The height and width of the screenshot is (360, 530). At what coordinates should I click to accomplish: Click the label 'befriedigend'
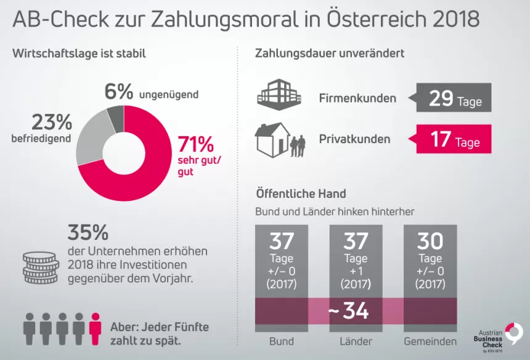tap(41, 138)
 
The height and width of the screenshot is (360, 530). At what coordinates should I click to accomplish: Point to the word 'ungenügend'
tap(168, 94)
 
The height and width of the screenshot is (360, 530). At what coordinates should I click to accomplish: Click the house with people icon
tap(280, 139)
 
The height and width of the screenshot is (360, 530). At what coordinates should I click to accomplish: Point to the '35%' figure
tap(88, 233)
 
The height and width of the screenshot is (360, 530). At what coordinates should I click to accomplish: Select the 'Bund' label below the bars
tap(282, 341)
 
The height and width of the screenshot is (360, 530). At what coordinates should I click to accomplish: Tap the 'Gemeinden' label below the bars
tap(430, 341)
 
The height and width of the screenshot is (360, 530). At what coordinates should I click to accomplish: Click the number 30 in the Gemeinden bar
tap(430, 240)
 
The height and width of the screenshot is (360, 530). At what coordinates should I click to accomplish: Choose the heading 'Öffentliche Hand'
tap(300, 194)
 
